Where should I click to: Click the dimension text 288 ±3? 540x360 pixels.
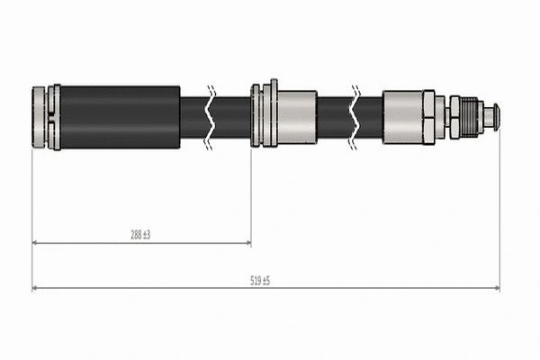click(139, 234)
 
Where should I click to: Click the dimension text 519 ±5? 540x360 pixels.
click(260, 281)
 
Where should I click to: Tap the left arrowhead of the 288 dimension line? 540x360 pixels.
click(36, 243)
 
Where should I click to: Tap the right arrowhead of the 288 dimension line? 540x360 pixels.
click(247, 243)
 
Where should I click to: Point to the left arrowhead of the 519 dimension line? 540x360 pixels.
click(36, 289)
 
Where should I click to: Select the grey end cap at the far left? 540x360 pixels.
click(40, 117)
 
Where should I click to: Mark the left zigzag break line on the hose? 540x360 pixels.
click(210, 117)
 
